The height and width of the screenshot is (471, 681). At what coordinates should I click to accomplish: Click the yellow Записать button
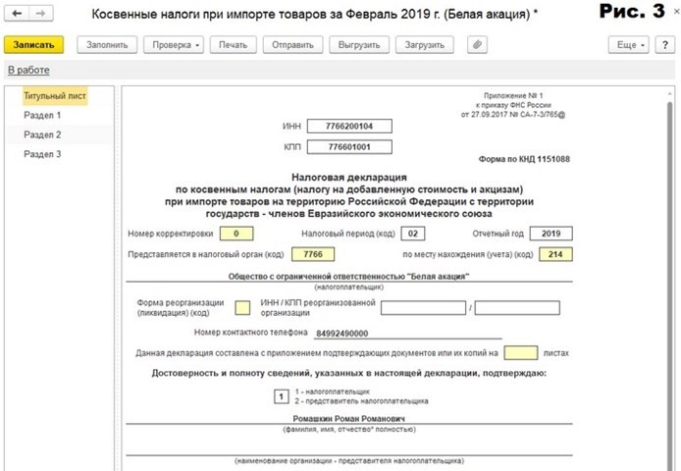34,45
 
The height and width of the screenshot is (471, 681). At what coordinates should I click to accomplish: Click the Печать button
234,45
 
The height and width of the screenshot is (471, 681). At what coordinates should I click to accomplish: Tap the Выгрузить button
359,45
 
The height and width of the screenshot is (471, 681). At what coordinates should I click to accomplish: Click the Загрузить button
425,45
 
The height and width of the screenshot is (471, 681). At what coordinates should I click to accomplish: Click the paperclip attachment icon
477,45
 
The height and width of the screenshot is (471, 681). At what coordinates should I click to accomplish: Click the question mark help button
665,45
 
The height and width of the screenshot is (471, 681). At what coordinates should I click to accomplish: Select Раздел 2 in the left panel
43,134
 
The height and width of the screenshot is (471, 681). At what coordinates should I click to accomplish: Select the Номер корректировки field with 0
236,234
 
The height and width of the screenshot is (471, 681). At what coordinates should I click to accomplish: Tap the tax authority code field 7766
313,254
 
